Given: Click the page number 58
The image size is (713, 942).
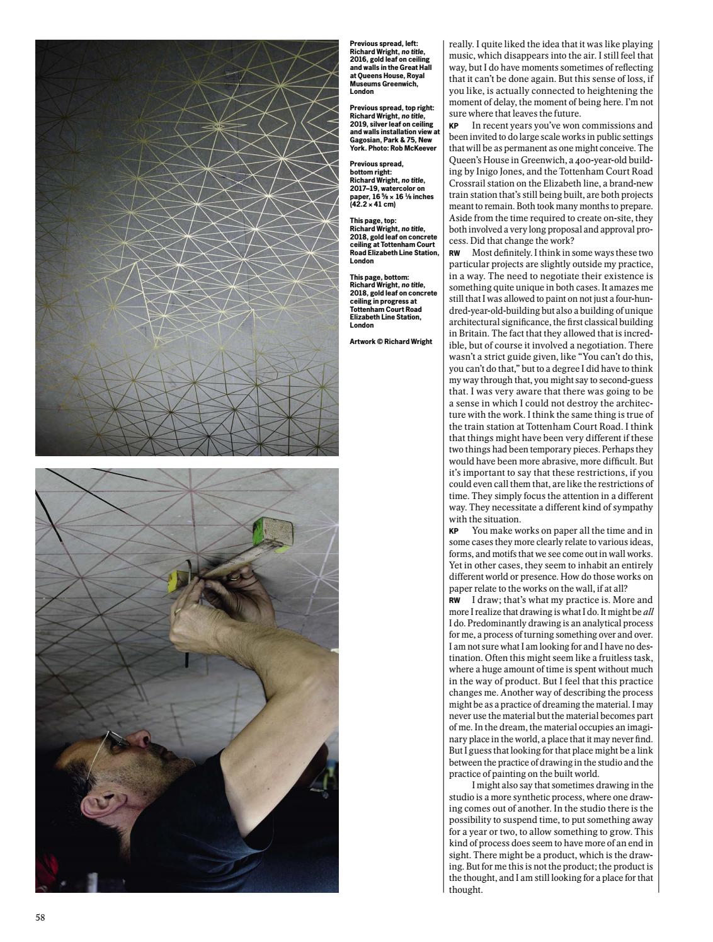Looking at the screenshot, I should coord(40,917).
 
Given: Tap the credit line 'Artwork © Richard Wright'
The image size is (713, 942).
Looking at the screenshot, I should coord(391,342).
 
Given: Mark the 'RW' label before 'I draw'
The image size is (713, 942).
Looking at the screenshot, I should coord(454,600).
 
